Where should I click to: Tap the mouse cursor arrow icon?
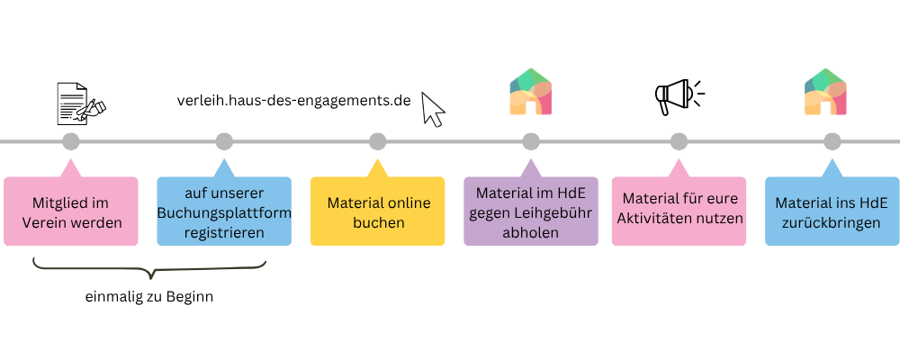pos(433,109)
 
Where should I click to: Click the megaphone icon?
pos(677,95)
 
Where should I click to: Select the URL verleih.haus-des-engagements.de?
pos(294,101)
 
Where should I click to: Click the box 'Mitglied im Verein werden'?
pos(71,211)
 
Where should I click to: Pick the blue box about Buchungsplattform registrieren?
pos(224,211)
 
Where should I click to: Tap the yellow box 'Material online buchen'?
pos(377,211)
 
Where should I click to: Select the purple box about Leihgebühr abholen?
pos(531,211)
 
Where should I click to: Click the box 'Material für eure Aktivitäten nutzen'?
pos(679,211)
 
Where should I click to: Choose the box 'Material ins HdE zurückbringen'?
pos(832,211)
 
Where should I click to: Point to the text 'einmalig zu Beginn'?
pos(149,297)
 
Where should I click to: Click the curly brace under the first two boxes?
pos(149,267)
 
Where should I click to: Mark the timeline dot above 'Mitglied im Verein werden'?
pos(71,141)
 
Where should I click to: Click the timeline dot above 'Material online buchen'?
pos(377,141)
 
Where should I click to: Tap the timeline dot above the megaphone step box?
pos(679,141)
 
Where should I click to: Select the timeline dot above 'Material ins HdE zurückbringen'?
pos(832,141)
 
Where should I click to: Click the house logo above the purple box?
pos(531,93)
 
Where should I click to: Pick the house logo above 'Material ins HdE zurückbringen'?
pos(825,93)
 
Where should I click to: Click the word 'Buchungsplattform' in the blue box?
pos(224,211)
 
